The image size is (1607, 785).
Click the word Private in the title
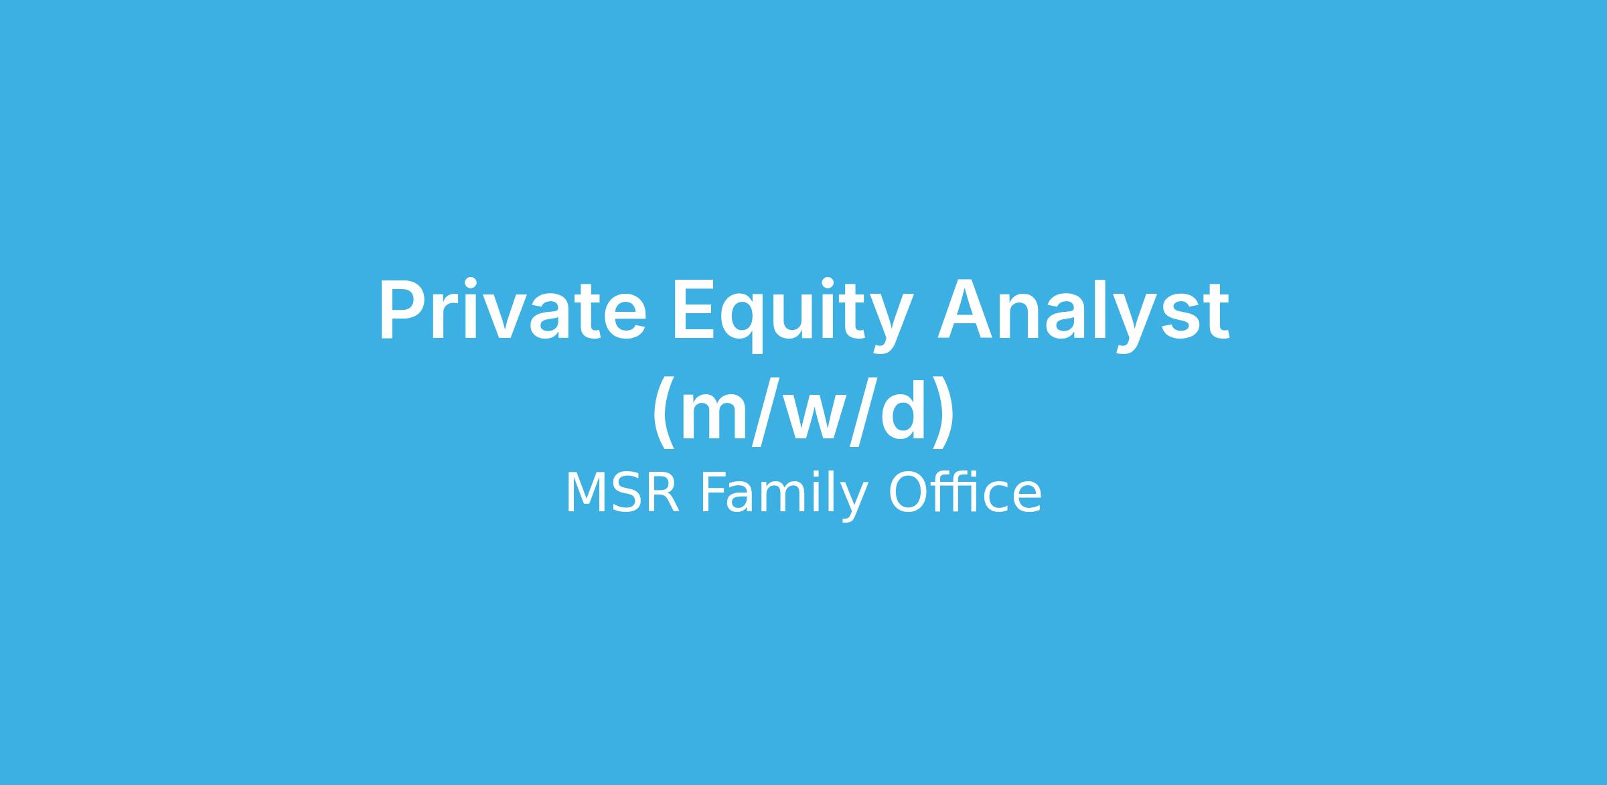tap(513, 310)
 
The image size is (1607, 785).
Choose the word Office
tap(965, 493)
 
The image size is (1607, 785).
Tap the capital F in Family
tap(713, 493)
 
